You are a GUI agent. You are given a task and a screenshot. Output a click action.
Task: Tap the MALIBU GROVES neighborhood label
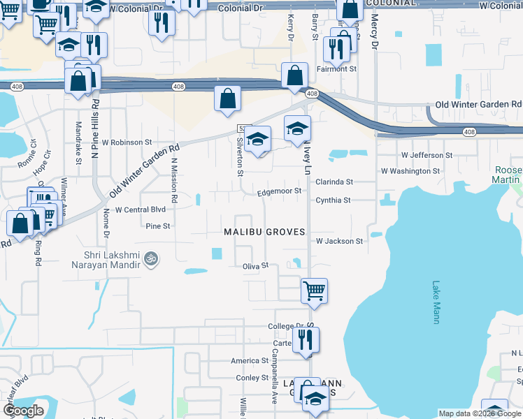click(265, 231)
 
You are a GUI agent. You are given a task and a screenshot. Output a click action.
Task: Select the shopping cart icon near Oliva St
click(314, 290)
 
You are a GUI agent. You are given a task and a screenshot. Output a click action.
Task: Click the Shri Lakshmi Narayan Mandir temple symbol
click(148, 260)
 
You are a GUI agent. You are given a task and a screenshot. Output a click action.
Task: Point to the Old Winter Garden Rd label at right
click(478, 104)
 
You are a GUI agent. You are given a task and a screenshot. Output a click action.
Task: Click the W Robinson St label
click(127, 142)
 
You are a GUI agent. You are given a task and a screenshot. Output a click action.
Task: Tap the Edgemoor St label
click(279, 191)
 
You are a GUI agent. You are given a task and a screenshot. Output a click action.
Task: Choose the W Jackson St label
click(339, 241)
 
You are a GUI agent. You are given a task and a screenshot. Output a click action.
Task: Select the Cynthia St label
click(333, 200)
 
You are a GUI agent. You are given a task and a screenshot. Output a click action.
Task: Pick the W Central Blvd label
click(140, 209)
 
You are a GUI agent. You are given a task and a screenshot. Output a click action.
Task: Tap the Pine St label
click(157, 226)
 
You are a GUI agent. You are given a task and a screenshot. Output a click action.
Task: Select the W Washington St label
click(410, 170)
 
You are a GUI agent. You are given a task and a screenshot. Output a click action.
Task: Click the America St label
click(250, 361)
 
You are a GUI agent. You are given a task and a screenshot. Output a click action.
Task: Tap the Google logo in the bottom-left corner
click(24, 411)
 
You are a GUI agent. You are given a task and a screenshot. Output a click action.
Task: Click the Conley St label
click(252, 378)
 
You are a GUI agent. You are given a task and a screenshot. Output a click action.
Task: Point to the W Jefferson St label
click(427, 155)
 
